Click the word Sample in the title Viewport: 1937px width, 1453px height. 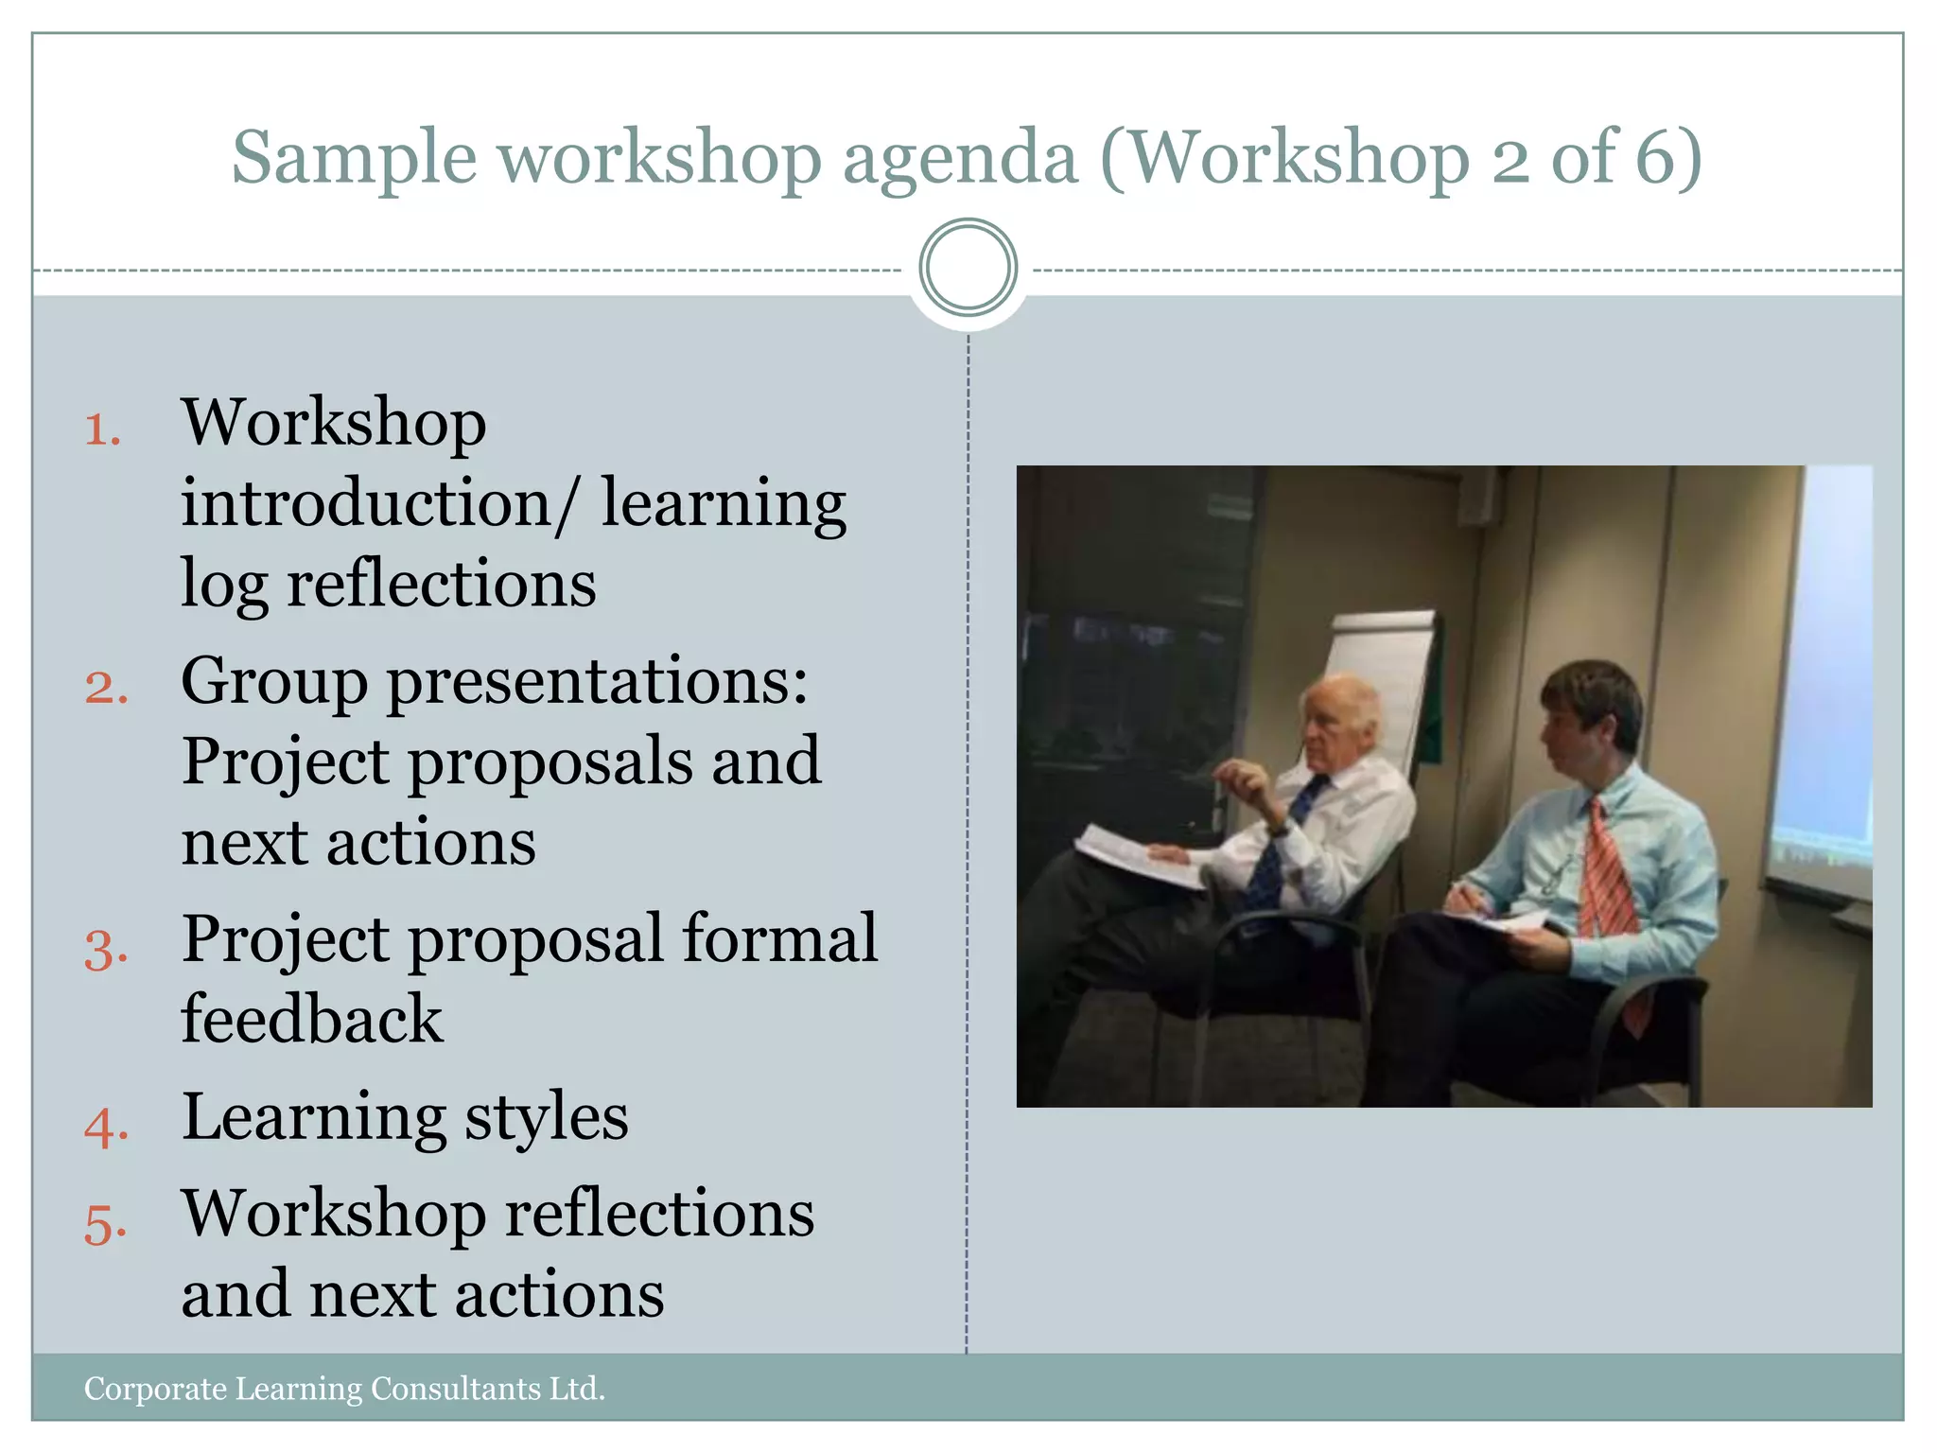point(354,158)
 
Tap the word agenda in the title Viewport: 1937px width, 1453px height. point(960,158)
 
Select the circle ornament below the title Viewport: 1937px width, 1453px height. point(968,268)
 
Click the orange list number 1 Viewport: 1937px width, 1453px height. point(102,429)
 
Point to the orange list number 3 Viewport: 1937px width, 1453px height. point(105,949)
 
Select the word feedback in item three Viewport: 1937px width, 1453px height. point(311,1020)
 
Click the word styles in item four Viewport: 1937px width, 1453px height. point(546,1117)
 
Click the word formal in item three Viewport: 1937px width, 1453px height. point(779,939)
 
